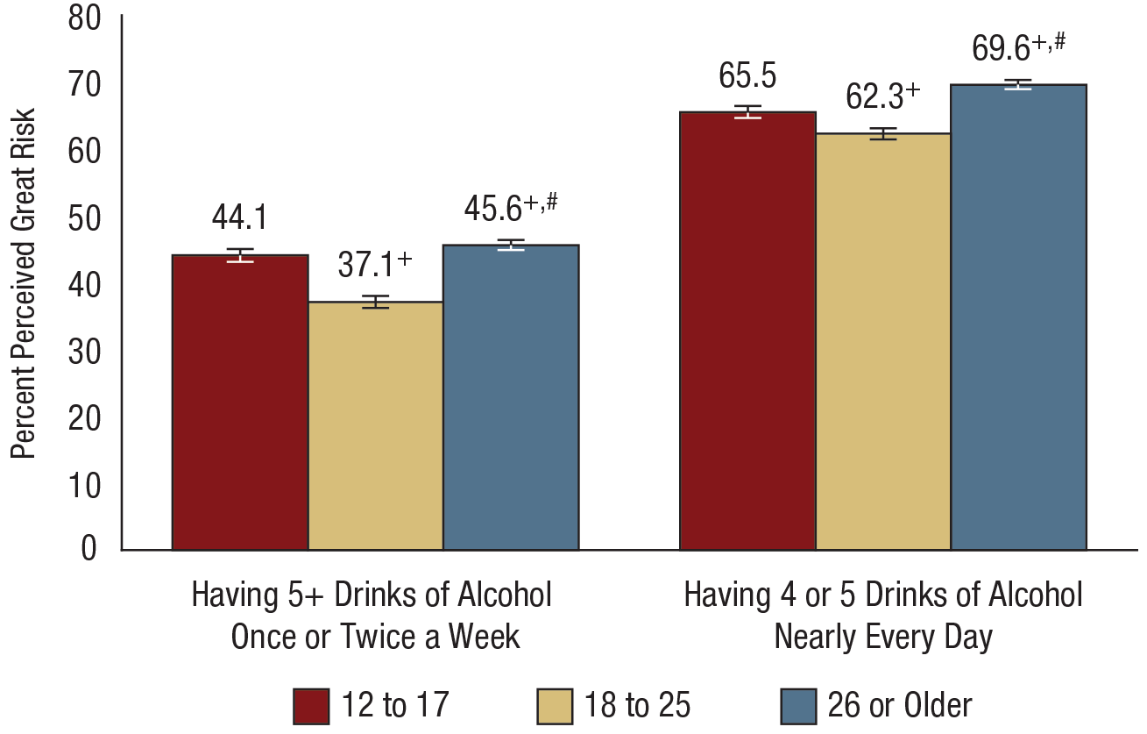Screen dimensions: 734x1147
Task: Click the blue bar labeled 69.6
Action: coord(1018,317)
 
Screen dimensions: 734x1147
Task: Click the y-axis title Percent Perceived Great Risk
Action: coord(24,282)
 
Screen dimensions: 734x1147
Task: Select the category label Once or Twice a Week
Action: coord(375,637)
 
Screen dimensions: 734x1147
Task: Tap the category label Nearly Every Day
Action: coord(882,637)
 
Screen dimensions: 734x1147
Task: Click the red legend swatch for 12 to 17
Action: coord(312,705)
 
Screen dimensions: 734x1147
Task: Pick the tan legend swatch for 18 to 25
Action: coord(552,705)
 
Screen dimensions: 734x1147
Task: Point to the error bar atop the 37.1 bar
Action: coord(375,302)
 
